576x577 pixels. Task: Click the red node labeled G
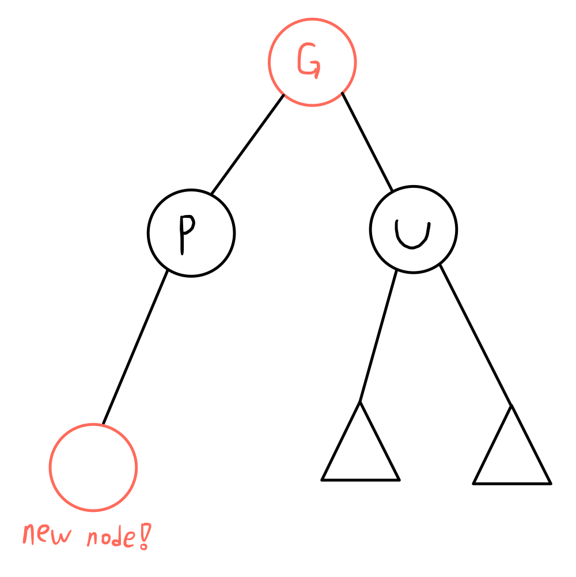coord(312,62)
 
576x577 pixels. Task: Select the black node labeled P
coord(191,233)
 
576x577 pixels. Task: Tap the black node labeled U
coord(414,229)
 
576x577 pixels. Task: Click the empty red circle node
coord(93,467)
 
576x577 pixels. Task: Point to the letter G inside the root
coord(309,61)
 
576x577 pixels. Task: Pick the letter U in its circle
coord(412,233)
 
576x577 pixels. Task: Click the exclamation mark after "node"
coord(144,536)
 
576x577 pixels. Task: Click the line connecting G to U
coord(367,141)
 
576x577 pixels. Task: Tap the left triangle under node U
coord(361,452)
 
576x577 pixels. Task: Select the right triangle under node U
coord(511,455)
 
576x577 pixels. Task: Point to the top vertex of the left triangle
coord(360,402)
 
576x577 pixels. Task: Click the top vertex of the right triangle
coord(511,406)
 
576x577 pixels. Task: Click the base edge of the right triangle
coord(511,483)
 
